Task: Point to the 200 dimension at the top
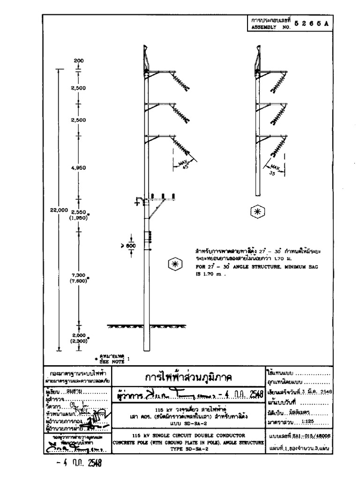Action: (79, 60)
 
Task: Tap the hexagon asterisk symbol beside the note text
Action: (173, 265)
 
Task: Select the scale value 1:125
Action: (307, 422)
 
